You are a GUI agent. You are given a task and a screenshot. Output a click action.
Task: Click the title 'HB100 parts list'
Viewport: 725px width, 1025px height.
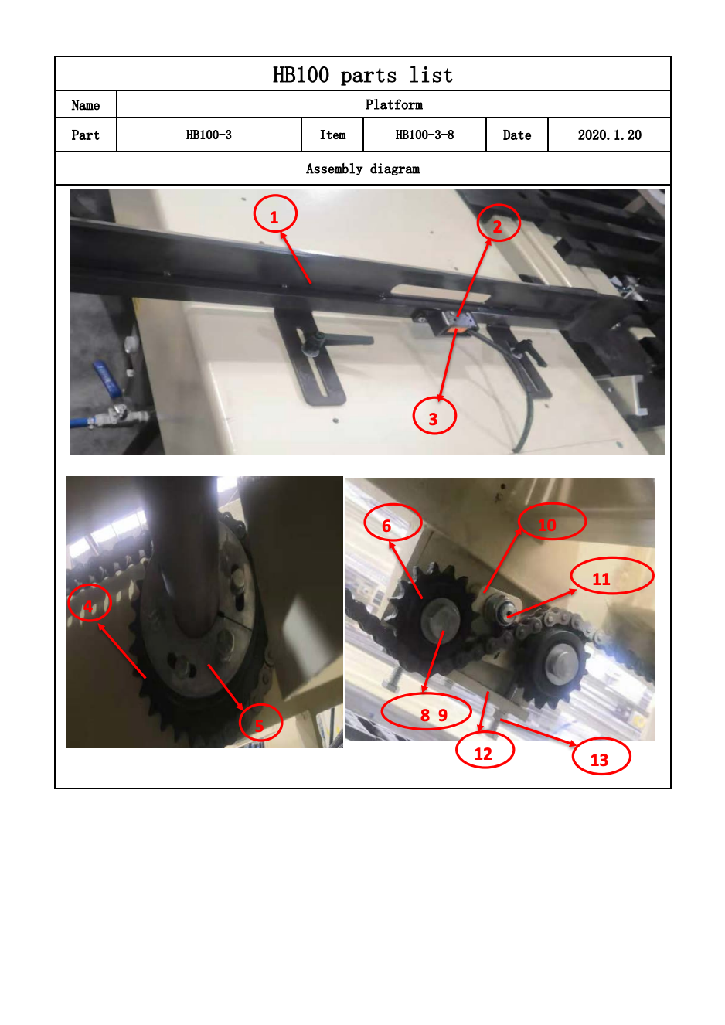tap(362, 75)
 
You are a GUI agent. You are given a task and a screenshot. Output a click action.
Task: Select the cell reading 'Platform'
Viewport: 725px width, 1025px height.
tap(394, 105)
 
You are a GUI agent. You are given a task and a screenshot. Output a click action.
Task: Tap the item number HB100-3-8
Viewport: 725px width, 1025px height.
tap(424, 135)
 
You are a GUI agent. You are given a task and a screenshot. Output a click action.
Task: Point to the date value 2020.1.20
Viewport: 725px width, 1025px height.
tap(609, 135)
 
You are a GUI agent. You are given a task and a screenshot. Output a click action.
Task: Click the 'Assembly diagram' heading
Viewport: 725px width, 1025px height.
tap(362, 169)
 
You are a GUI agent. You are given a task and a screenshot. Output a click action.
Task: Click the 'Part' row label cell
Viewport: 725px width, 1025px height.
tap(86, 135)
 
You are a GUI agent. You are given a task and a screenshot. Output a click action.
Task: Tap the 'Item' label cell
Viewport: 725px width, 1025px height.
tap(332, 135)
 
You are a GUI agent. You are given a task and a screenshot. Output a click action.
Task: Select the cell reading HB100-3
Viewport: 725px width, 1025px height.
tap(209, 135)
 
